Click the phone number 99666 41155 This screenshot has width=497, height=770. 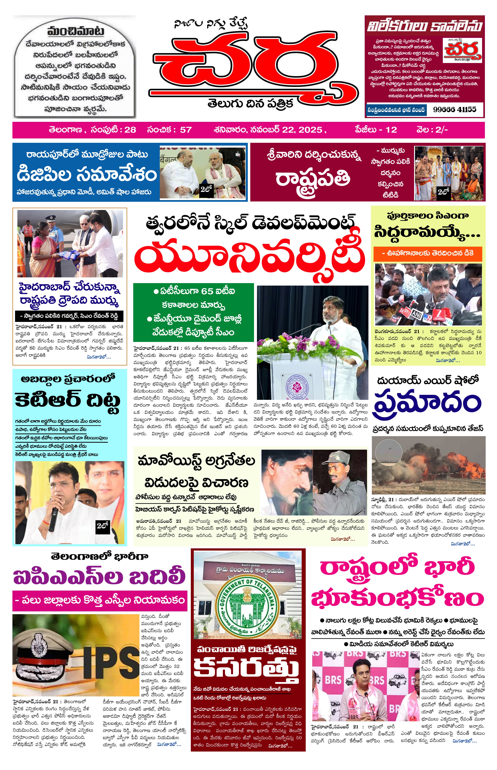[454, 109]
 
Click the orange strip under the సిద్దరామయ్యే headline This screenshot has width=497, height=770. [428, 254]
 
